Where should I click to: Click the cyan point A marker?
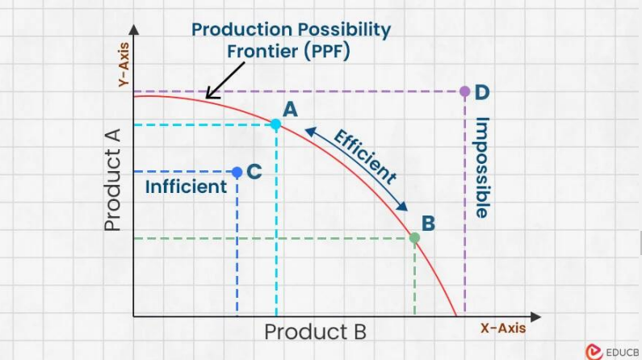[276, 124]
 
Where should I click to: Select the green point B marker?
[414, 237]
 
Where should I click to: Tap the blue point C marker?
[237, 172]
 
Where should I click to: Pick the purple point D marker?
[464, 91]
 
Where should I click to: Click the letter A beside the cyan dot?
[290, 109]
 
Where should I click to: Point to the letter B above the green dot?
[428, 224]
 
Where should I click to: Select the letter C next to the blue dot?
[254, 171]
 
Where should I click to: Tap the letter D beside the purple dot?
[482, 93]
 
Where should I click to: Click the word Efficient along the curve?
[365, 157]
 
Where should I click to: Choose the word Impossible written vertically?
[482, 168]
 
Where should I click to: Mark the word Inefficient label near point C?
[186, 186]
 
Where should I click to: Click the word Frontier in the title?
[262, 51]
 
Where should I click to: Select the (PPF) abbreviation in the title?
[327, 52]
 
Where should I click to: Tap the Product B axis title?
[315, 332]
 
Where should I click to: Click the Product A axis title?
[112, 180]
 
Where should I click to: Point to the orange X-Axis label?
[503, 328]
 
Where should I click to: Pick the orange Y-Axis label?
[124, 65]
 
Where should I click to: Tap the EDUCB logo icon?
[594, 352]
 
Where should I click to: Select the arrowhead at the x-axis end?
[535, 316]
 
